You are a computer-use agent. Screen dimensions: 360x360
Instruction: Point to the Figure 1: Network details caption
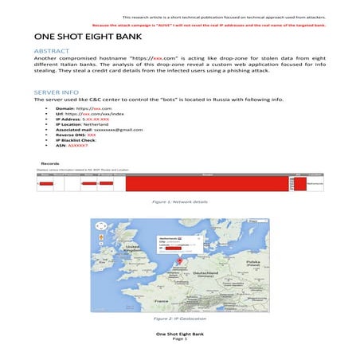pyautogui.click(x=180, y=202)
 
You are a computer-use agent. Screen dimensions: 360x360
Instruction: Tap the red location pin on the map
pyautogui.click(x=181, y=259)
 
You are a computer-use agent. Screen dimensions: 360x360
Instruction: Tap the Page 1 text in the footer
pyautogui.click(x=180, y=339)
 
